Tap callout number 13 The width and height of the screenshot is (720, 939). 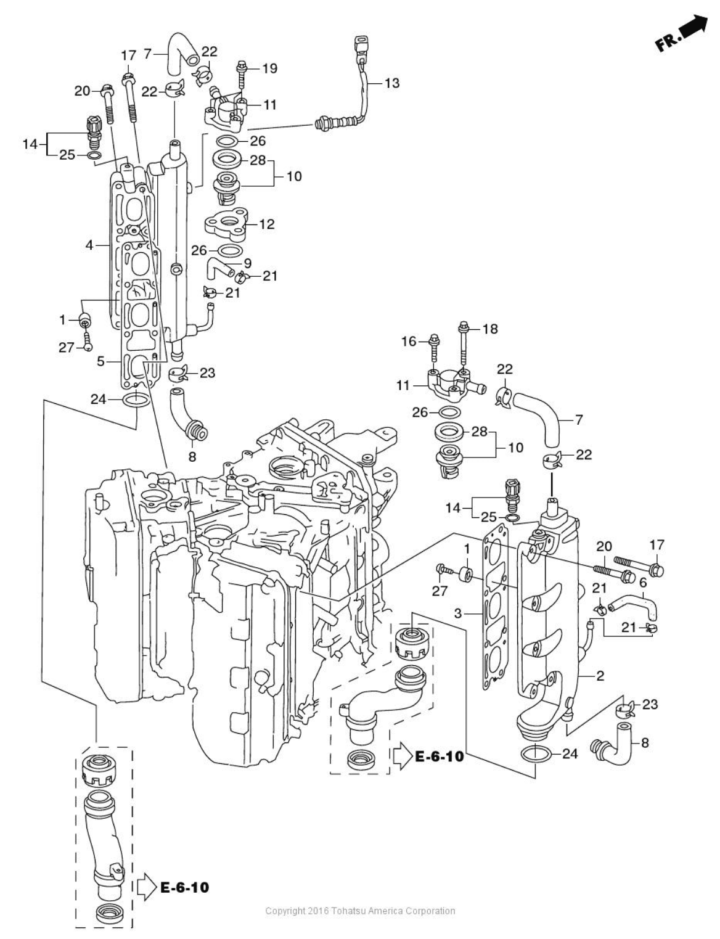[x=391, y=83]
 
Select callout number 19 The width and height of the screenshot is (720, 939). [x=270, y=68]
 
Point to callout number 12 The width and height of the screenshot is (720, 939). [x=267, y=224]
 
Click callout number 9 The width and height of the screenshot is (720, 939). [x=247, y=263]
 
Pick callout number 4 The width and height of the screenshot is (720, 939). [x=89, y=245]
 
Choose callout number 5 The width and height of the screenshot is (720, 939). [x=100, y=361]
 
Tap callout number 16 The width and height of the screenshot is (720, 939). [x=409, y=342]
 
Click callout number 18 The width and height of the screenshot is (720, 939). [x=490, y=329]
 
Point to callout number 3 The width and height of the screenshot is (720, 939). [x=458, y=613]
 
